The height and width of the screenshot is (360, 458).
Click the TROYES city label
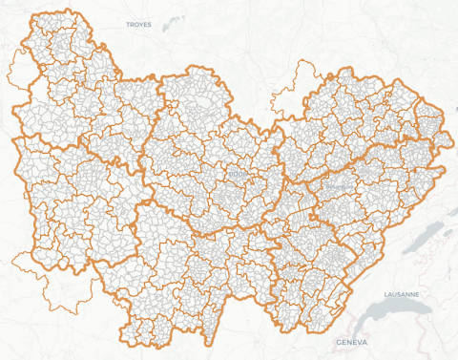[x=139, y=25]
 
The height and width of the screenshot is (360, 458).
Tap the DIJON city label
[x=237, y=174]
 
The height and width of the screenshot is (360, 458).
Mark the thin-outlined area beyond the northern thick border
[x=307, y=74]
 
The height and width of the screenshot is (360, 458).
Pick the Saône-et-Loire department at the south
[x=191, y=277]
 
